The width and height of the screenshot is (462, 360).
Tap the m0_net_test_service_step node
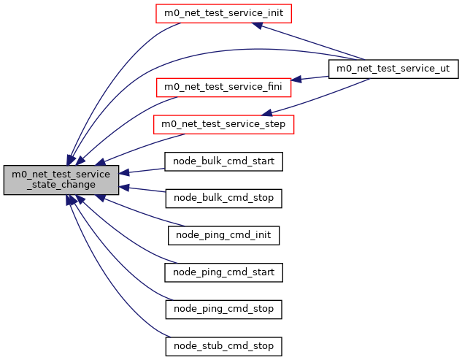coord(223,125)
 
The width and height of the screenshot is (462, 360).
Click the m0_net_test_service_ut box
coord(393,69)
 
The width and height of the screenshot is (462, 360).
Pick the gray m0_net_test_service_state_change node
coord(61,180)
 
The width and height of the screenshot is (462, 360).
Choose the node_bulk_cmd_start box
coord(223,161)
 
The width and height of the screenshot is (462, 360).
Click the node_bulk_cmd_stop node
coord(223,198)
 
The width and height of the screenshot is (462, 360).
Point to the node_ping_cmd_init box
coord(223,235)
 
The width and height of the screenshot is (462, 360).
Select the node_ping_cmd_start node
coord(223,272)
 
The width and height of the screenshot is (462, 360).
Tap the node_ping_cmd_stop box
coord(223,309)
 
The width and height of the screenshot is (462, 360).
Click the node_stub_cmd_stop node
coord(223,345)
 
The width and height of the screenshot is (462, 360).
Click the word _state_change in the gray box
coord(61,185)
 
